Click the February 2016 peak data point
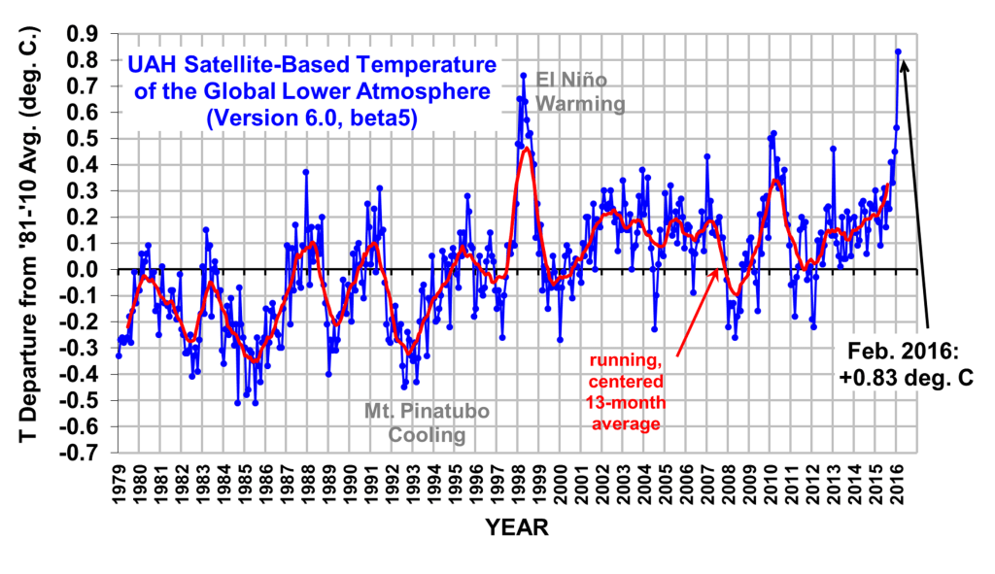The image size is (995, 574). (x=898, y=51)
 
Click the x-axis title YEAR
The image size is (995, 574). (x=517, y=529)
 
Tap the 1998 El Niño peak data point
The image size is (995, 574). (x=523, y=75)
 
